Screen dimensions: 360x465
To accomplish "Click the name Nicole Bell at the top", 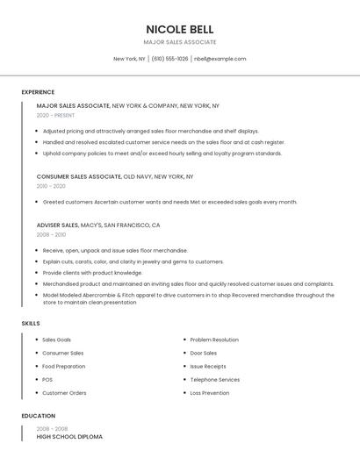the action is point(179,29).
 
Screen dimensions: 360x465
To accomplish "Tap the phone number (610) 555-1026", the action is point(169,59).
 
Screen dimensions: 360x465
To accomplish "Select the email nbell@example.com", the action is point(220,59).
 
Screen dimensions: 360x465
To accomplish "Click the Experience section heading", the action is point(38,92).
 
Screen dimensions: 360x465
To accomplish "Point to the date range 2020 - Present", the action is point(55,115).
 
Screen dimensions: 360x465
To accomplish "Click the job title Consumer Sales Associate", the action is point(79,176).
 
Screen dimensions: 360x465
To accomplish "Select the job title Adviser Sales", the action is point(57,225).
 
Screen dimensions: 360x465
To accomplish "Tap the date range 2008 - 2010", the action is point(51,235).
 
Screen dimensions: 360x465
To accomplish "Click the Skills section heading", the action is point(31,324).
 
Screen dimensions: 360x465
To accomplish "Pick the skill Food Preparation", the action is point(64,366).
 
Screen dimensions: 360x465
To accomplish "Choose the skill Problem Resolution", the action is point(214,340).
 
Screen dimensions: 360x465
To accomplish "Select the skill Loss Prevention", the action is point(210,393).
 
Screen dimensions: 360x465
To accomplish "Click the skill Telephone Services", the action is point(215,380).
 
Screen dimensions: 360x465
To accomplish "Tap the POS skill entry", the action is point(47,380).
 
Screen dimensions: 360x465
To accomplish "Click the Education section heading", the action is point(38,416).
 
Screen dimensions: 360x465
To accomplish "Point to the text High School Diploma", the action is point(69,436).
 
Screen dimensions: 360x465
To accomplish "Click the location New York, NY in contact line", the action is point(129,59).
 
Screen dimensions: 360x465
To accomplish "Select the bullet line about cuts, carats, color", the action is point(133,261).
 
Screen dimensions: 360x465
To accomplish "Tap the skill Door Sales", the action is point(204,353).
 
